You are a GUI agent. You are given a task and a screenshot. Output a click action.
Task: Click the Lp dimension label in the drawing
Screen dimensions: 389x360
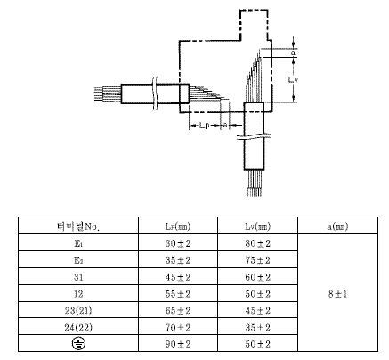click(204, 126)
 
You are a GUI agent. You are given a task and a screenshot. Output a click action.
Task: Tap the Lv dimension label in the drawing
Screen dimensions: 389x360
click(293, 79)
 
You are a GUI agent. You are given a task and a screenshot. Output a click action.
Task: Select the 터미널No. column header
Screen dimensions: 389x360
click(78, 226)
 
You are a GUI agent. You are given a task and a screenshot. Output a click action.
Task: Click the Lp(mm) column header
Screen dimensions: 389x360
click(178, 226)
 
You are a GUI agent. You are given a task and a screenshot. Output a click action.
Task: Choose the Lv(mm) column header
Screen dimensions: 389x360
click(257, 226)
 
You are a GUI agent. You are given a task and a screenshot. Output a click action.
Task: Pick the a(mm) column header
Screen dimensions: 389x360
click(337, 226)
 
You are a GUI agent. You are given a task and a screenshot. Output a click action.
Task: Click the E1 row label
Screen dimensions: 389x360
click(78, 243)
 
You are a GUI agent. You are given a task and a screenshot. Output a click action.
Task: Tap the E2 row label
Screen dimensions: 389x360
click(78, 260)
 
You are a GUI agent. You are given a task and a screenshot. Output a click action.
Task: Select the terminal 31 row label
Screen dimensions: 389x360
click(78, 277)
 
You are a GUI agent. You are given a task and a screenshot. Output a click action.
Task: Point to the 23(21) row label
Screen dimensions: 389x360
click(78, 311)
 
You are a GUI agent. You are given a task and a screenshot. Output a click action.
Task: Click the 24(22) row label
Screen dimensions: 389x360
click(78, 328)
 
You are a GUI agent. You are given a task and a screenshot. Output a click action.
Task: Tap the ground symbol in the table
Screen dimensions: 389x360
click(78, 344)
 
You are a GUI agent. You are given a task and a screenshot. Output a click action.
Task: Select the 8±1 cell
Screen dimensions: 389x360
click(337, 294)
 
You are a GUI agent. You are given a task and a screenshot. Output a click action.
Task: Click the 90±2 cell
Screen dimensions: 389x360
click(178, 344)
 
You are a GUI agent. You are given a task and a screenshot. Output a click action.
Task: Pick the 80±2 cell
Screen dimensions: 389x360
click(257, 243)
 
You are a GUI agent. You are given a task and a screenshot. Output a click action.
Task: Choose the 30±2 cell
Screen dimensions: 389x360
click(178, 243)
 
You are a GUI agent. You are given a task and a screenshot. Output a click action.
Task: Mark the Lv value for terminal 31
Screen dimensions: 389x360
click(257, 277)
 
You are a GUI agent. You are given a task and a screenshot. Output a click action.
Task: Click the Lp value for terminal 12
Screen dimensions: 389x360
click(178, 294)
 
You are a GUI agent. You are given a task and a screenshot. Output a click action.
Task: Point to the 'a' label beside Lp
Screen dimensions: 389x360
click(225, 126)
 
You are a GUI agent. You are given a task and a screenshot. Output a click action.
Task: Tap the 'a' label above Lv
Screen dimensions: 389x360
click(293, 53)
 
